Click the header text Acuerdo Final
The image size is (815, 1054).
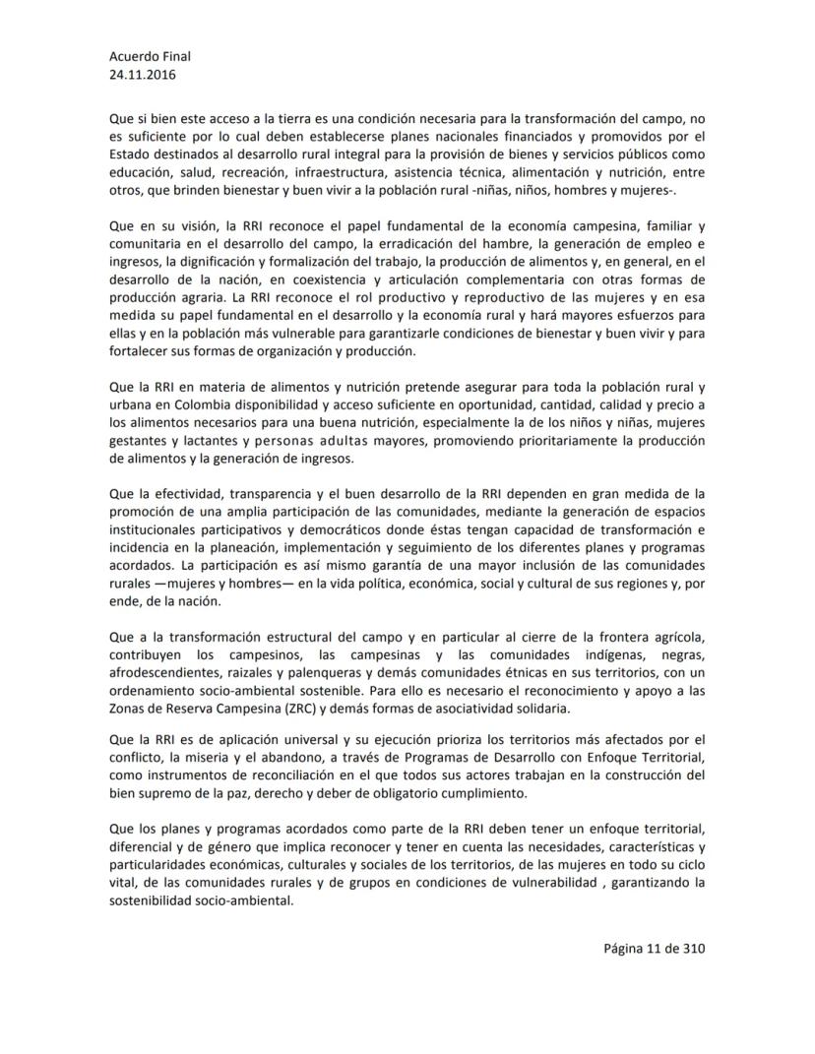tap(150, 56)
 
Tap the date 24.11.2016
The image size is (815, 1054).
tap(144, 74)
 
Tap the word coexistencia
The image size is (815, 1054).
tap(363, 278)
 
